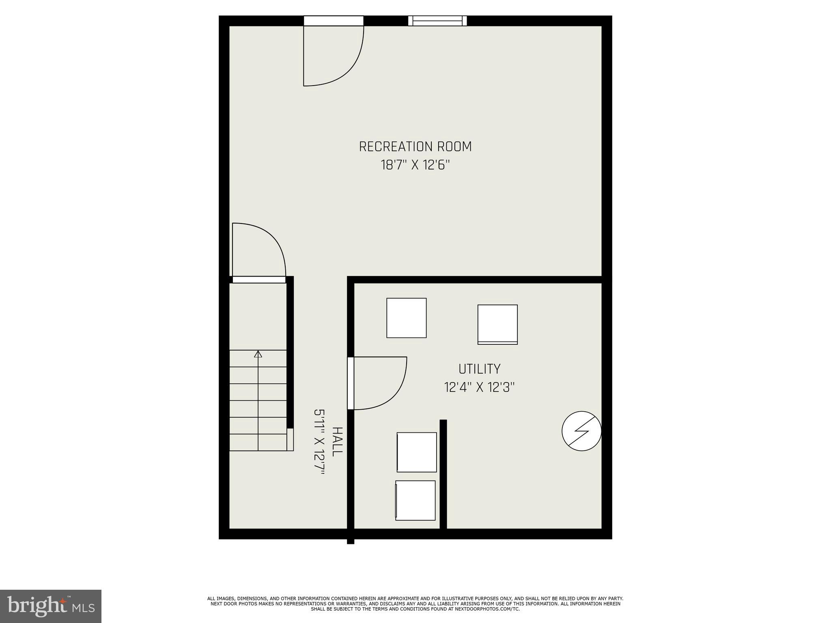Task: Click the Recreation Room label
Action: pyautogui.click(x=415, y=146)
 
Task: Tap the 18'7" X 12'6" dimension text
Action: pyautogui.click(x=415, y=165)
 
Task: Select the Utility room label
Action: pyautogui.click(x=479, y=369)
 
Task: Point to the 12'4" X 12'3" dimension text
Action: pyautogui.click(x=479, y=388)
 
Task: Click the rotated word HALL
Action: pyautogui.click(x=337, y=442)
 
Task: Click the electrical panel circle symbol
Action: pyautogui.click(x=581, y=431)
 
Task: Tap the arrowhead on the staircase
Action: pyautogui.click(x=258, y=354)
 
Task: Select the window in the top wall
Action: pyautogui.click(x=437, y=21)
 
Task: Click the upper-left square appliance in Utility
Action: pyautogui.click(x=406, y=318)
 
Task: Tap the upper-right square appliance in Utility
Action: pyautogui.click(x=497, y=324)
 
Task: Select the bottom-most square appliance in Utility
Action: pyautogui.click(x=415, y=501)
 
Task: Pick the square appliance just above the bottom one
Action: pyautogui.click(x=417, y=452)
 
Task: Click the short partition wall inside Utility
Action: pyautogui.click(x=443, y=475)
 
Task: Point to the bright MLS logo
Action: pyautogui.click(x=51, y=606)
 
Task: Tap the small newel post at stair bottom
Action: pyautogui.click(x=290, y=439)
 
